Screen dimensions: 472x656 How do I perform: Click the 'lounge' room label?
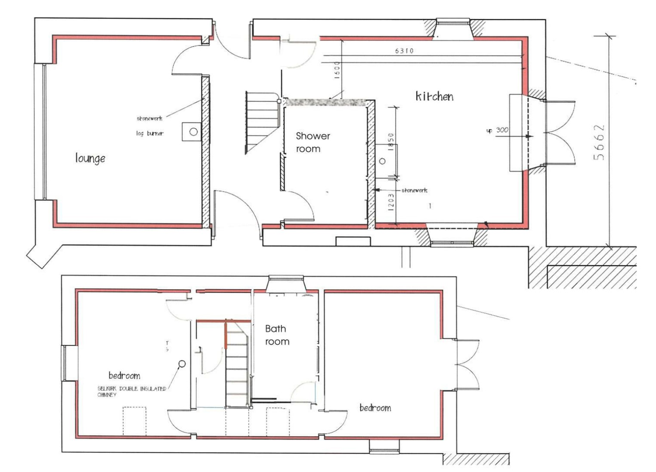coord(90,158)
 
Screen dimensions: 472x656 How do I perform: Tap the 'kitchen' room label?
coord(434,96)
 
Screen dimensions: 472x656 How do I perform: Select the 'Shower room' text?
coord(313,142)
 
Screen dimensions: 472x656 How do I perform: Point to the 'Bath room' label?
coord(277,335)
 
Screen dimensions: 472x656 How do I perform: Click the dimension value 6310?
coord(404,51)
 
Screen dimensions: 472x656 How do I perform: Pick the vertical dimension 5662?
coord(599,142)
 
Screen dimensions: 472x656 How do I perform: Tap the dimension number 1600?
coord(337,69)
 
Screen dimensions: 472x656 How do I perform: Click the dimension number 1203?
coord(391,201)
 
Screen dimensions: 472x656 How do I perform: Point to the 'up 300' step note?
coord(497,130)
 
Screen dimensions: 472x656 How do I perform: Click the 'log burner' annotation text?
coord(150,133)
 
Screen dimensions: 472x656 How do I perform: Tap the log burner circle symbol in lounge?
coord(194,132)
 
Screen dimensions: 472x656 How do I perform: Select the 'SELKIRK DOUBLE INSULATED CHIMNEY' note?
coord(131,392)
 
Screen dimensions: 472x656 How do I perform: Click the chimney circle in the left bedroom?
coord(182,364)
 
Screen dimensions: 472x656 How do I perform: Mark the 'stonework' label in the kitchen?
coord(414,190)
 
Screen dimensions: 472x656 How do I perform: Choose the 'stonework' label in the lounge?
coord(149,118)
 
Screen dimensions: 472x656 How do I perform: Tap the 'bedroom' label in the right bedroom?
coord(375,408)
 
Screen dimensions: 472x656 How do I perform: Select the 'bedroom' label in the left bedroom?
coord(124,376)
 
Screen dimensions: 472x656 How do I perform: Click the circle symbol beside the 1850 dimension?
coord(382,161)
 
